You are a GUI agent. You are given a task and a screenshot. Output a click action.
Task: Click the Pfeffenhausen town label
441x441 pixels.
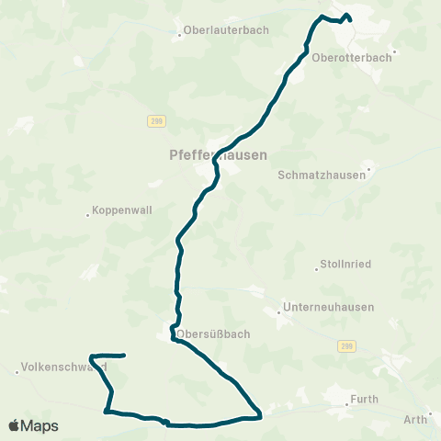pos(219,155)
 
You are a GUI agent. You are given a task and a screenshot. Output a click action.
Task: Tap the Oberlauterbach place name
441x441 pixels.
pos(226,29)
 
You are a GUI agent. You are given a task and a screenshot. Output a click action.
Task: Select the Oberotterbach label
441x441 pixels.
pos(352,57)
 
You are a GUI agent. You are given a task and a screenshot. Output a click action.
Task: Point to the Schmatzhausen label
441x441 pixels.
pos(322,175)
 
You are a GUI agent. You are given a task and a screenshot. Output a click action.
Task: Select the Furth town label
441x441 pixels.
pos(365,401)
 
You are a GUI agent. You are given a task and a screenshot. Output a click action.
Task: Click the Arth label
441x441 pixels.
pos(415,420)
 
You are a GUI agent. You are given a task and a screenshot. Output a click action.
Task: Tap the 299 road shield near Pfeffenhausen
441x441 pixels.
pos(154,120)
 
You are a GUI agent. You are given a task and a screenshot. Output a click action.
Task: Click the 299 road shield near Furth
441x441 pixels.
pos(345,345)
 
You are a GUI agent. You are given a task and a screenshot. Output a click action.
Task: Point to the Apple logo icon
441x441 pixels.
pos(15,425)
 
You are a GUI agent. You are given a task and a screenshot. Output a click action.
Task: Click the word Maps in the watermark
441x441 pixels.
pos(40,425)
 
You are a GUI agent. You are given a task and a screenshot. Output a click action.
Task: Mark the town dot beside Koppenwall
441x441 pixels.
pos(87,215)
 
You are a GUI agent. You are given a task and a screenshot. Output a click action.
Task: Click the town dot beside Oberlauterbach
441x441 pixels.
pos(179,35)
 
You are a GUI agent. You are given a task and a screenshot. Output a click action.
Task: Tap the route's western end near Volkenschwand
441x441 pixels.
pos(124,355)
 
